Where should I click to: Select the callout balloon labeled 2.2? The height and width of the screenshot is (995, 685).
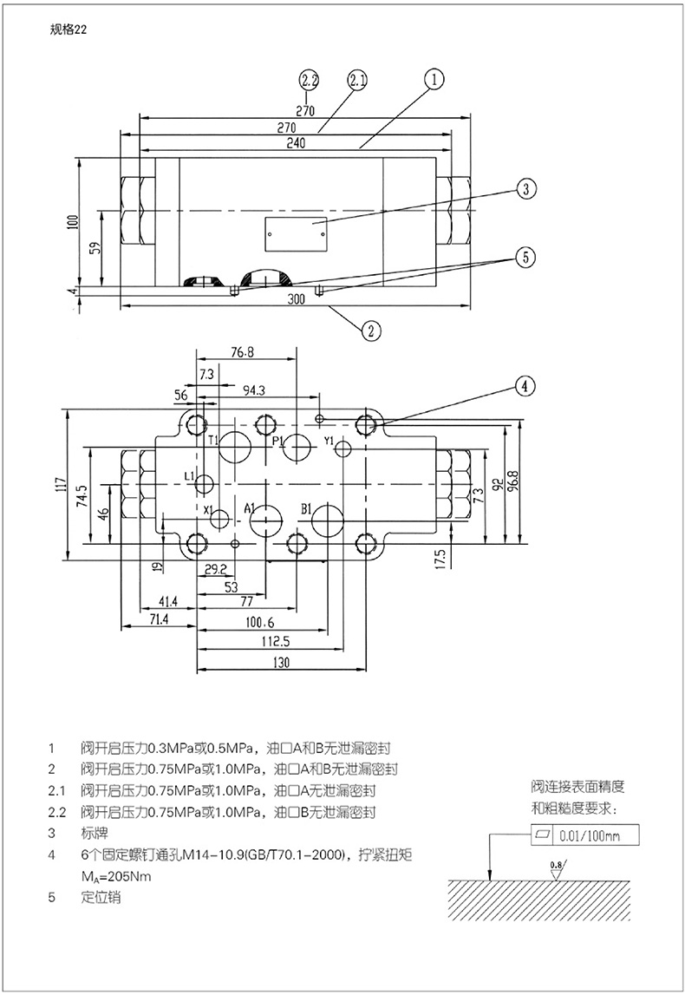(310, 81)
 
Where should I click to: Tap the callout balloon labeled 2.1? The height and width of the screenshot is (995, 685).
(357, 81)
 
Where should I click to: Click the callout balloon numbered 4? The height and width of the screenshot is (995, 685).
(525, 386)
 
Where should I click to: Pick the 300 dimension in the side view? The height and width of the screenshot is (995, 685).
(296, 298)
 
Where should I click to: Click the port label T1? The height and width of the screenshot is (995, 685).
(212, 441)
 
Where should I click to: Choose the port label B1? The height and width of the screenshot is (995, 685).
(306, 508)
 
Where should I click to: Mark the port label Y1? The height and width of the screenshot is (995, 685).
(329, 442)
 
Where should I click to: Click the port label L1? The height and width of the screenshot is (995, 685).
(190, 475)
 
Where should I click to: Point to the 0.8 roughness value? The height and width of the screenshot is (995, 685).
(555, 865)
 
